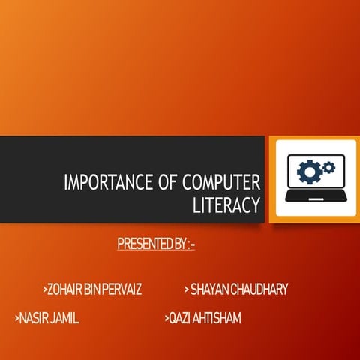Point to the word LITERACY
pos(226,203)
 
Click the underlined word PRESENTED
pos(140,244)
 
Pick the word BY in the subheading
pos(176,244)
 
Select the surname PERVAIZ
pos(124,289)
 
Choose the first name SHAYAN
pos(210,289)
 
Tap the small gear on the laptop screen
pos(327,163)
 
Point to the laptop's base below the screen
pos(316,196)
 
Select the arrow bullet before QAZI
pos(166,319)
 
